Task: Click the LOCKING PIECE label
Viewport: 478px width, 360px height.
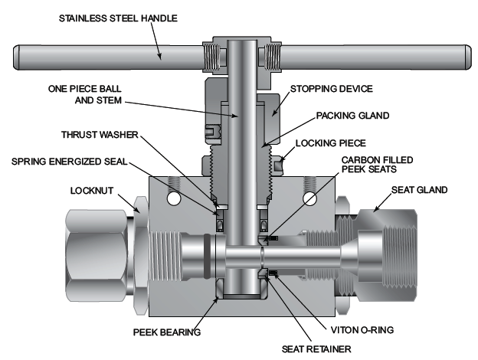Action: tap(336, 143)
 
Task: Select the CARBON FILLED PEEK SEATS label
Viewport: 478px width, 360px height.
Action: tap(355, 165)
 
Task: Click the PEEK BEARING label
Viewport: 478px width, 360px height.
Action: tap(166, 333)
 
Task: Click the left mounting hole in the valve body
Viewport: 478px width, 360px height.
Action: tap(172, 198)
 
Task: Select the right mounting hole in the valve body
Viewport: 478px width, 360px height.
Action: tap(310, 198)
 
